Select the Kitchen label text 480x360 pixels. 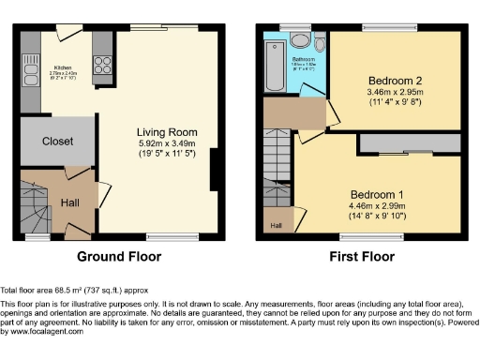coord(63,67)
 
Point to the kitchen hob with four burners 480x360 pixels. coord(100,65)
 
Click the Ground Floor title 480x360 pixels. coord(119,256)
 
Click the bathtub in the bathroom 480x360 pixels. coord(273,66)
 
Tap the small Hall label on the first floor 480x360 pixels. coord(277,225)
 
